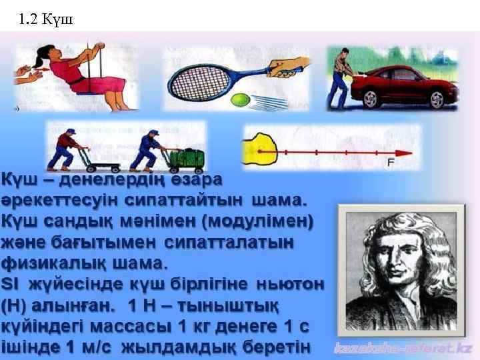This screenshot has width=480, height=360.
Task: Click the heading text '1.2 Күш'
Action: coord(46,19)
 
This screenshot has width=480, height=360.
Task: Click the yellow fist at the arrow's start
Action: coord(263,147)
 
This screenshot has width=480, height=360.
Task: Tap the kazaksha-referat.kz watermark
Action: coord(403,347)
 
